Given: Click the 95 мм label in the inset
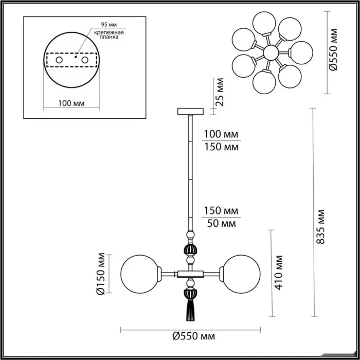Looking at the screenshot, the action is [109, 24].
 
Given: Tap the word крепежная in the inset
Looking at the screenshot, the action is [109, 32].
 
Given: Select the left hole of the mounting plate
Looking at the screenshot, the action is [59, 60].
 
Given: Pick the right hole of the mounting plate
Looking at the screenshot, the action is [85, 60].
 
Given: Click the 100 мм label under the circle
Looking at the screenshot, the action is [71, 103].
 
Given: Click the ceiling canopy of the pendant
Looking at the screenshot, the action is [190, 112].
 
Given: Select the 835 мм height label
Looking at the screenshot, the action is [320, 227].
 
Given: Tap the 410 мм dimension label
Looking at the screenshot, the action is [279, 273].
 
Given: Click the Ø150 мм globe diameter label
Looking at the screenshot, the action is [101, 274].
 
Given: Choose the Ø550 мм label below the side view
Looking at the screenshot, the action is [194, 336].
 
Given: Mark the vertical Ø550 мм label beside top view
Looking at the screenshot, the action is [333, 49].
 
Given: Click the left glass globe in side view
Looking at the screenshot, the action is [139, 274].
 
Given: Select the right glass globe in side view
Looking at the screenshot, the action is [242, 274].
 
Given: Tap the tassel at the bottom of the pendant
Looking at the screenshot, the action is [190, 311].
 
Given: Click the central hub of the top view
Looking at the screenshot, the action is [271, 52].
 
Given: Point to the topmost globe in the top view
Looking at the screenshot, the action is [264, 23].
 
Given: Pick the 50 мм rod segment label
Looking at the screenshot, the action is [221, 223].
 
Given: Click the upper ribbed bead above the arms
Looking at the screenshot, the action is [190, 250].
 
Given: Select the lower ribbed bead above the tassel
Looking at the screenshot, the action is [190, 294].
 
